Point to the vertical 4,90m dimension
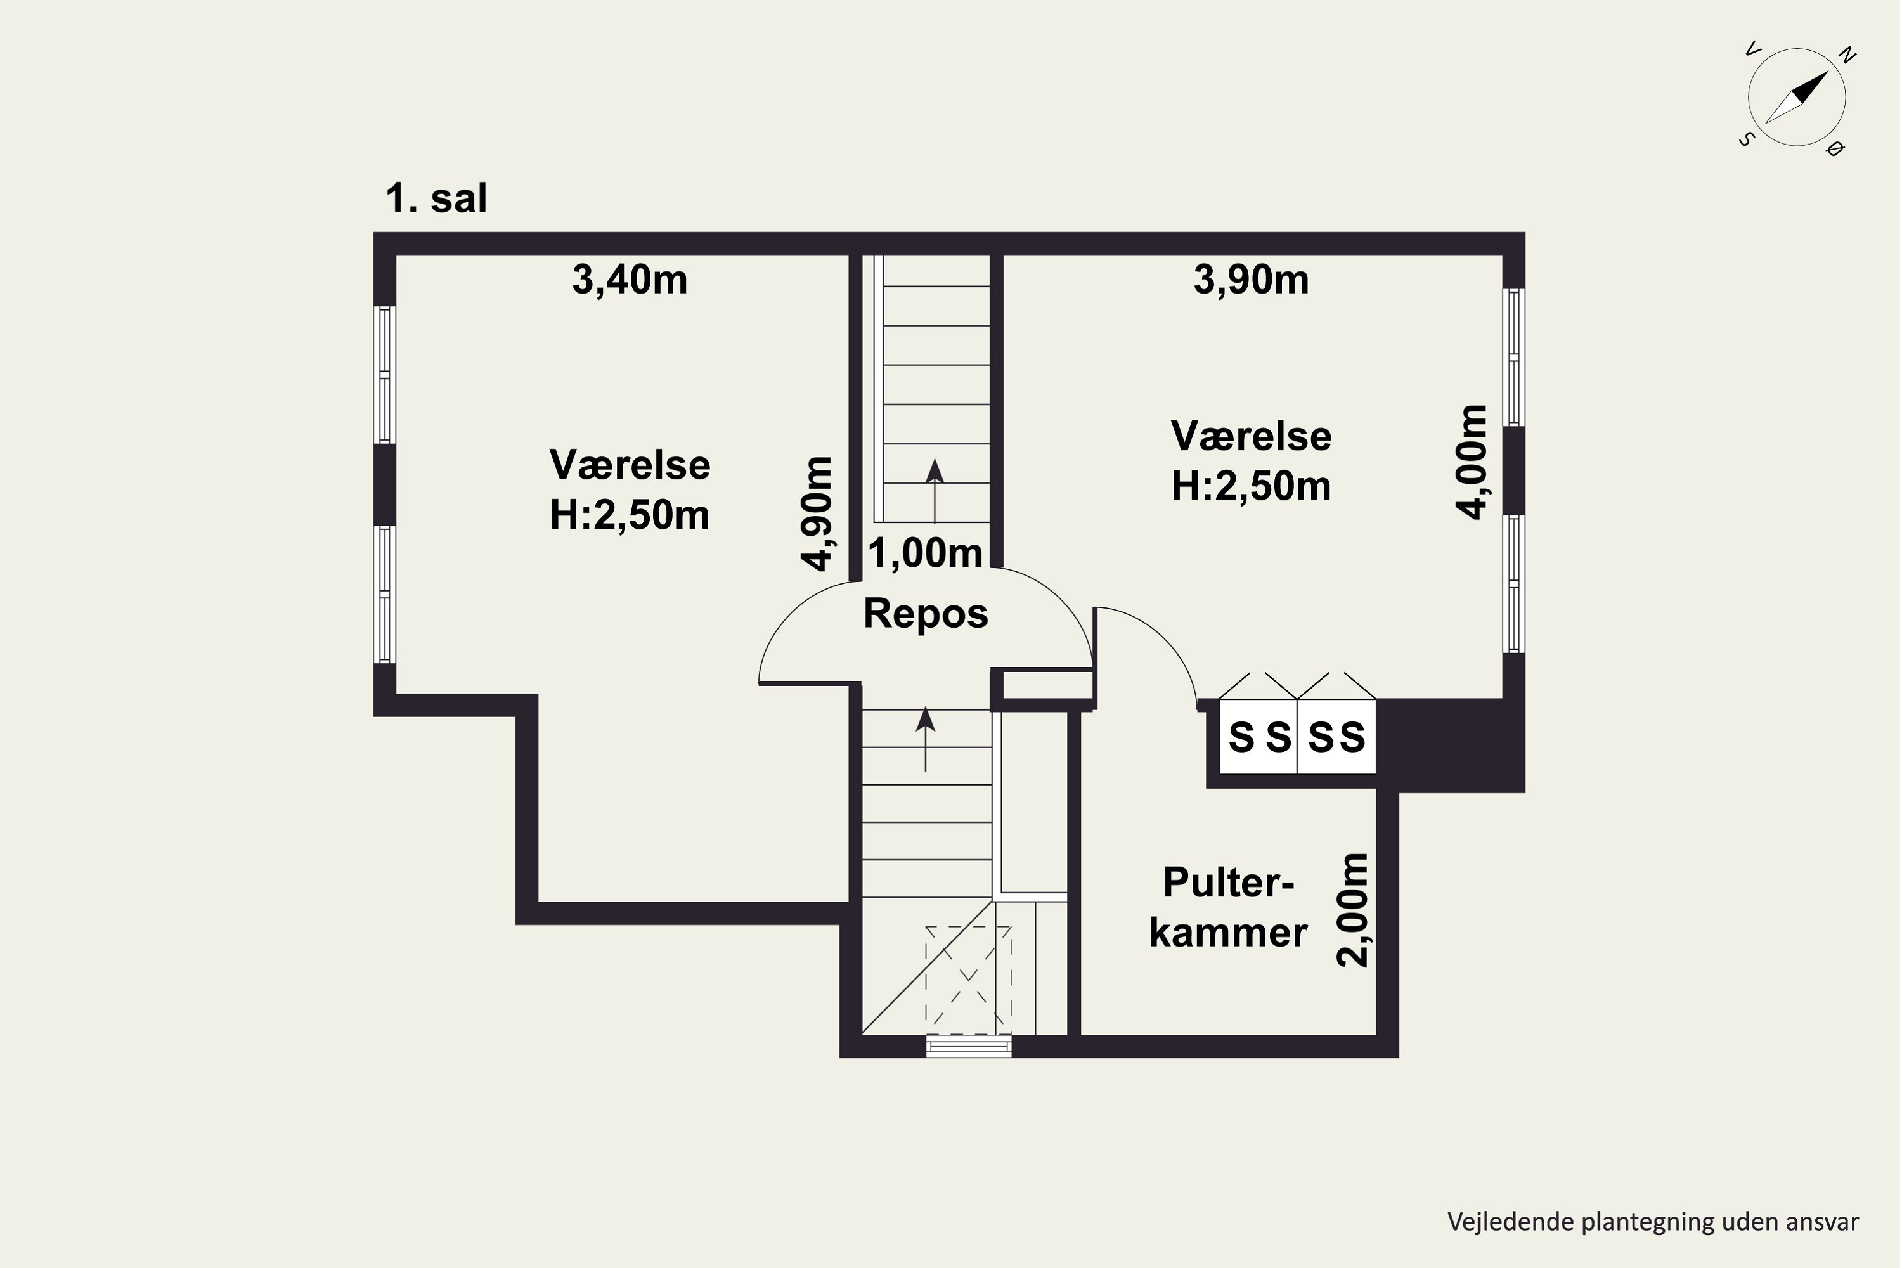817,514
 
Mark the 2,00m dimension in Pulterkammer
1353,910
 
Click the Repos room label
925,614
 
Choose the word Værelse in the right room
1251,437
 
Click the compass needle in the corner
1796,98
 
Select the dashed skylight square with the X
968,980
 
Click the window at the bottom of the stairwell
968,1047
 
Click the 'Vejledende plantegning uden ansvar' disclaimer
1653,1222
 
